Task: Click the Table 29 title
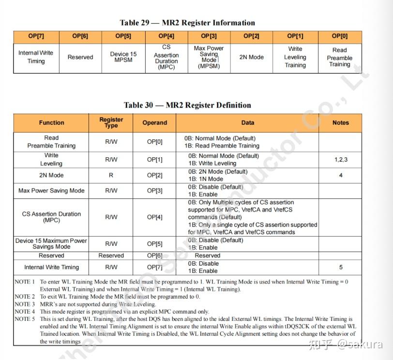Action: pos(187,23)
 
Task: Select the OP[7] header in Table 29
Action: pos(36,36)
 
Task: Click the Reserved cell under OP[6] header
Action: pos(80,57)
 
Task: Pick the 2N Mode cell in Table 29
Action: pos(252,57)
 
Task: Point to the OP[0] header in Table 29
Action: pos(340,36)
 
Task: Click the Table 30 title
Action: pos(187,105)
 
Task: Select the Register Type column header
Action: pos(111,122)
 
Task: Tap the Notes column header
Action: pos(341,123)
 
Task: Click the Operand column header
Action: pos(155,123)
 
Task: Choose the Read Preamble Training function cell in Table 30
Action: pos(51,142)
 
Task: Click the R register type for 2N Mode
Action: pos(111,175)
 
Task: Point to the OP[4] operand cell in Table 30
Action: pos(155,217)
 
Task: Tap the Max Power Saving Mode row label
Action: pos(51,191)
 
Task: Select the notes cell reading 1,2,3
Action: pos(341,159)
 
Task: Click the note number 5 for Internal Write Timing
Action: pos(341,267)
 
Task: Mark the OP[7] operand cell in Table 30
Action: pos(155,267)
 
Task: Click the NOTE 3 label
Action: pos(25,304)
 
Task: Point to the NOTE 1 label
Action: pos(25,282)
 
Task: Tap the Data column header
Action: pos(248,123)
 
